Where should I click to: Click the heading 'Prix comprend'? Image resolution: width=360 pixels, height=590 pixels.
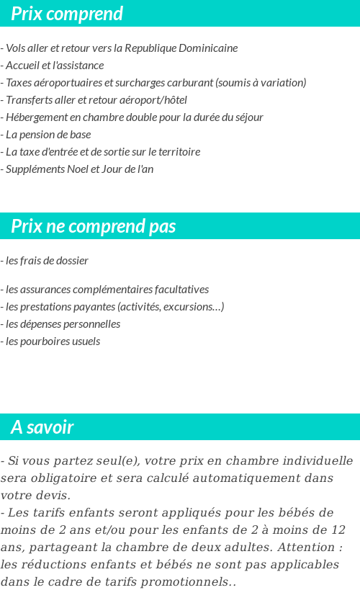coord(67,14)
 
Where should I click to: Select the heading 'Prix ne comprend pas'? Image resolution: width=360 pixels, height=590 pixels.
coord(93,226)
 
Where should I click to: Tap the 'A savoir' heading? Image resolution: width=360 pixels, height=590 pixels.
coord(42,427)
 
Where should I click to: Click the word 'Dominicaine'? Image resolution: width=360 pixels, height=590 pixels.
coord(209,48)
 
